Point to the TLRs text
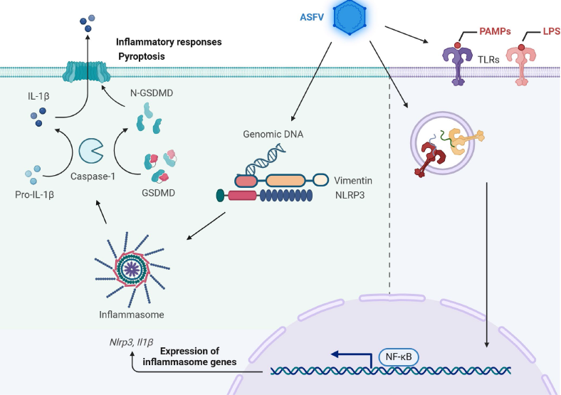click(486, 61)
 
